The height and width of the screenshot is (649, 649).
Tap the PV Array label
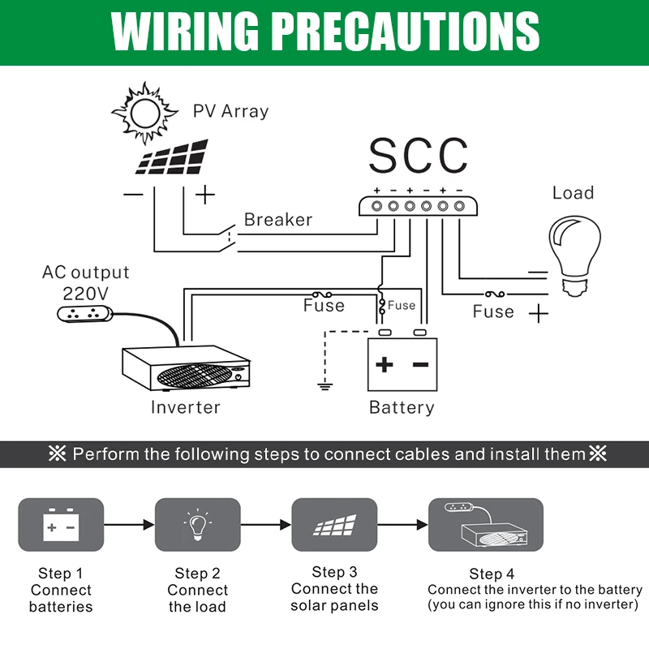point(230,111)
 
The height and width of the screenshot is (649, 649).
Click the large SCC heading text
point(418,155)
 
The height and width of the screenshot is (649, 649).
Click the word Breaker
point(277,220)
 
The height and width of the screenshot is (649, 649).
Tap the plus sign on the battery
point(384,364)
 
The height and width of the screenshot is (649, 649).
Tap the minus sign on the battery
point(420,364)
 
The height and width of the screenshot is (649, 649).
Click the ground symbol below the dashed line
point(325,385)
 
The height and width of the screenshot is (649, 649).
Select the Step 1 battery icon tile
point(61,525)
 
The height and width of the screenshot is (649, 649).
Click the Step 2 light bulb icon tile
point(197,525)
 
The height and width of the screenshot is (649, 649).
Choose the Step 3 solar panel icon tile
point(334,525)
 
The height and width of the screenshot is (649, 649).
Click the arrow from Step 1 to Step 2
point(129,526)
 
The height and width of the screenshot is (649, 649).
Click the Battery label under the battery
point(402,407)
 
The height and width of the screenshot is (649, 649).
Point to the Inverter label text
point(185,407)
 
